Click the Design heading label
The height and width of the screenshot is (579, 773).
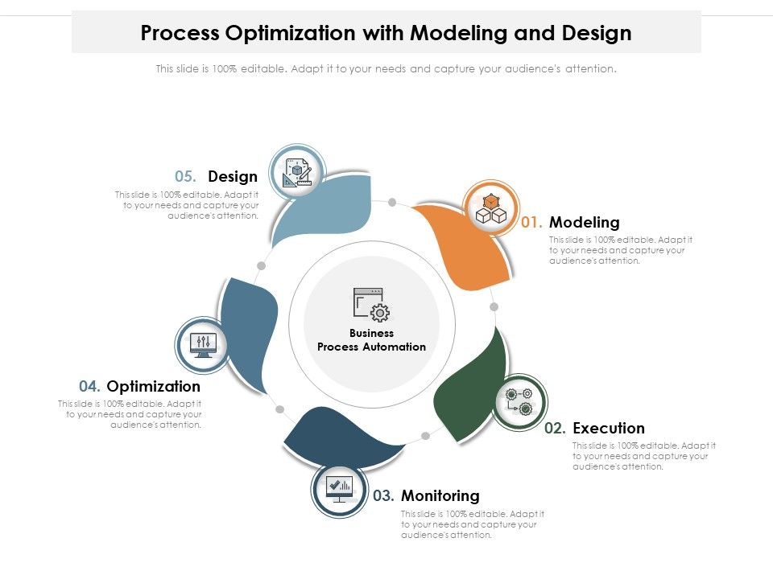tap(233, 177)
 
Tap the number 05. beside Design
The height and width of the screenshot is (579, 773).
tap(186, 177)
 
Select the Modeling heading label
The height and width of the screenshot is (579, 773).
tap(585, 222)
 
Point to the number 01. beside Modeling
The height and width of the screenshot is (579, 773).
tap(532, 222)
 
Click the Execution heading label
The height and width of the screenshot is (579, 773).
tap(609, 428)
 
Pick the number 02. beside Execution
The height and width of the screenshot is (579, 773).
tap(556, 428)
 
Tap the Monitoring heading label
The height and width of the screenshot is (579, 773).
tap(440, 495)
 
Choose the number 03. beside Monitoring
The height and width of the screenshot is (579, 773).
tap(384, 495)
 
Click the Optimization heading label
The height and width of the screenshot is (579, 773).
tap(154, 387)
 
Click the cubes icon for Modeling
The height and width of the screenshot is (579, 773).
tap(491, 209)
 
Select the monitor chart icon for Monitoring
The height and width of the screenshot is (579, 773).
tap(339, 488)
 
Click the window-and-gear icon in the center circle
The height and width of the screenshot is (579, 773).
tap(371, 305)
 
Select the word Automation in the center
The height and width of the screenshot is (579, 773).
tap(394, 347)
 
